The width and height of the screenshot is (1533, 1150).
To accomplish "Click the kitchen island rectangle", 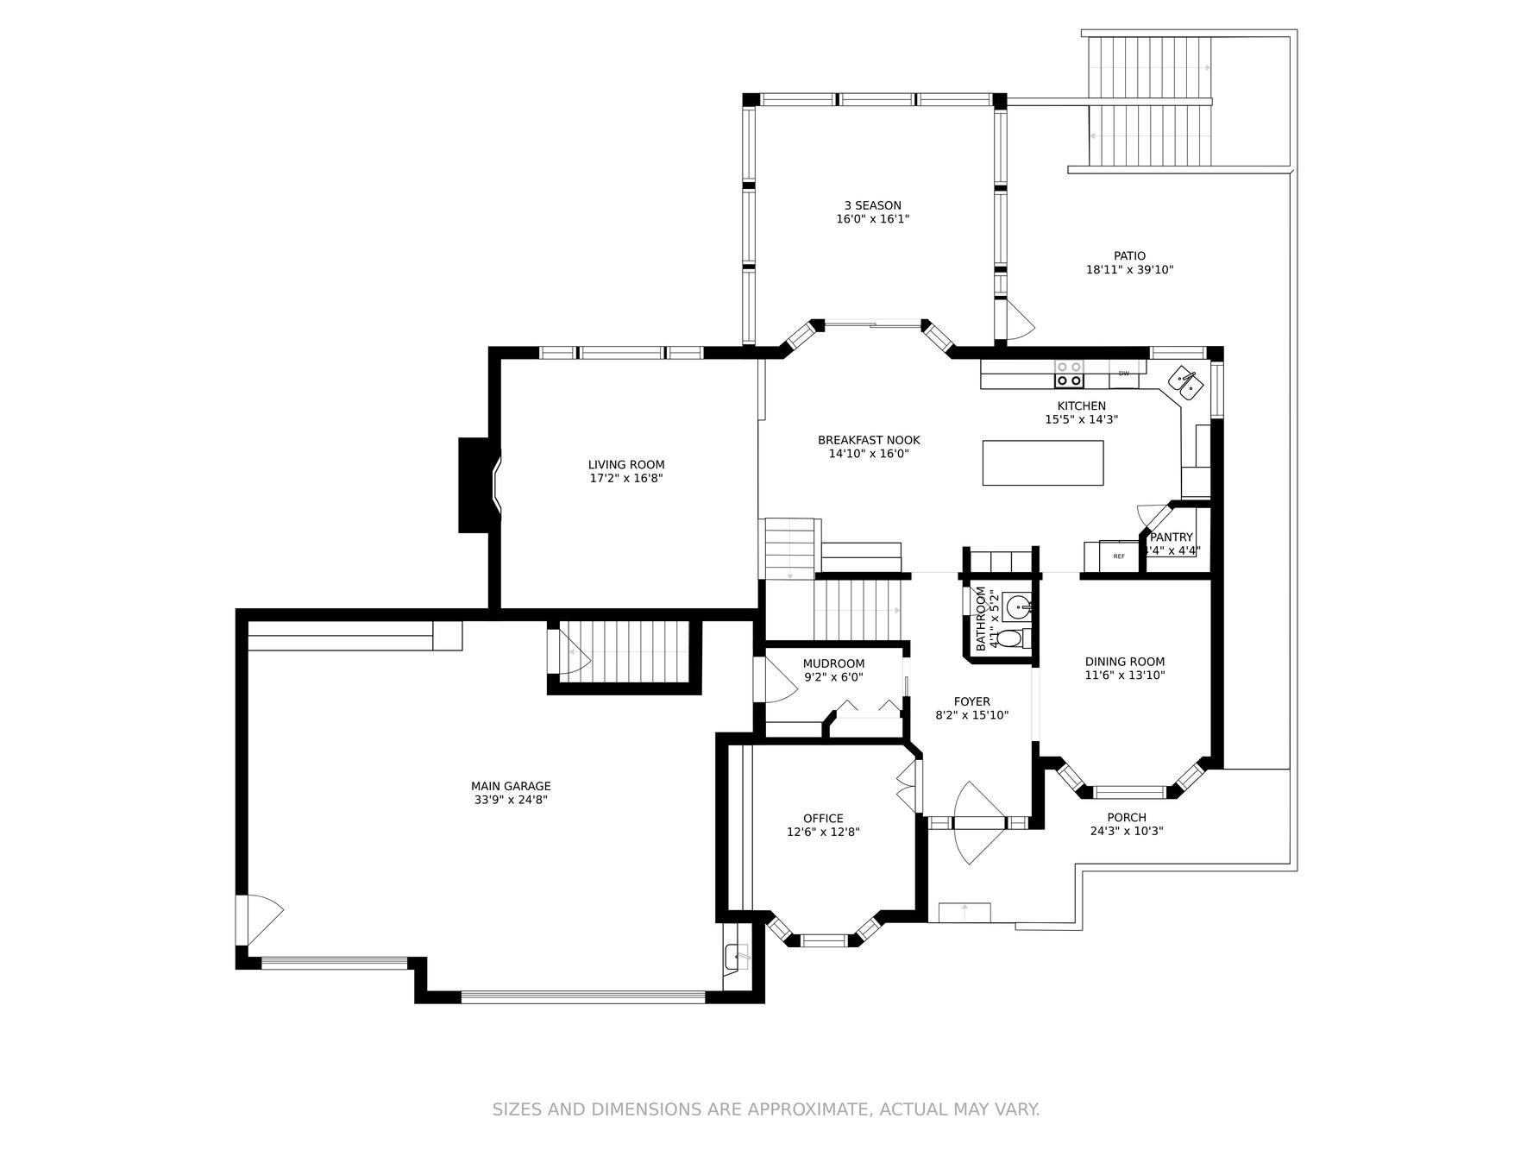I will [x=1042, y=462].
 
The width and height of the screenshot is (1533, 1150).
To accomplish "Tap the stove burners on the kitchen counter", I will [x=1069, y=374].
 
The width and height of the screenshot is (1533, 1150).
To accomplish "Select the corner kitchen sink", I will [x=1186, y=382].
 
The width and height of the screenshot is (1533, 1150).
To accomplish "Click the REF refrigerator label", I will [x=1119, y=556].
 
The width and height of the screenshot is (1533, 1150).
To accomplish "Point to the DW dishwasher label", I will [x=1123, y=374].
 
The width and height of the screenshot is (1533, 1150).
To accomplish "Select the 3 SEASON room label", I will [x=872, y=205].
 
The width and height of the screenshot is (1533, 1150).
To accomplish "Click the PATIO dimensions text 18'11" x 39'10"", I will [x=1129, y=270].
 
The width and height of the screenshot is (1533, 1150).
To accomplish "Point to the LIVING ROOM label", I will [x=626, y=465].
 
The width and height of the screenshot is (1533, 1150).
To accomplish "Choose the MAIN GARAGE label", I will [x=511, y=786].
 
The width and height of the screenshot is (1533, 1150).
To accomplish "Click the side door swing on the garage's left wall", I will [x=261, y=920].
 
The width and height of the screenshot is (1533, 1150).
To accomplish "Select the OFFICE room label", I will [x=823, y=819].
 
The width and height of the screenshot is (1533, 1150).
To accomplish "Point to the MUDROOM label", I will [x=833, y=663].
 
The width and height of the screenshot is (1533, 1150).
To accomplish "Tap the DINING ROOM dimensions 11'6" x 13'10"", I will [x=1125, y=676].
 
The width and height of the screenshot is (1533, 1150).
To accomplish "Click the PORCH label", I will [x=1127, y=818].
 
